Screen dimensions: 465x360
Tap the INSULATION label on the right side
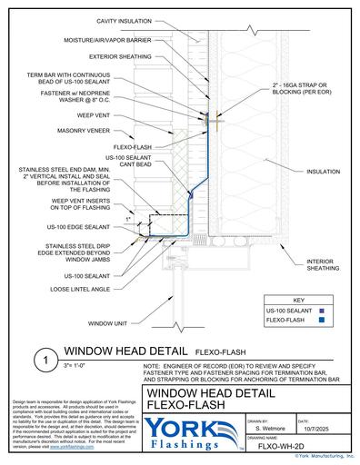point(323,170)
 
